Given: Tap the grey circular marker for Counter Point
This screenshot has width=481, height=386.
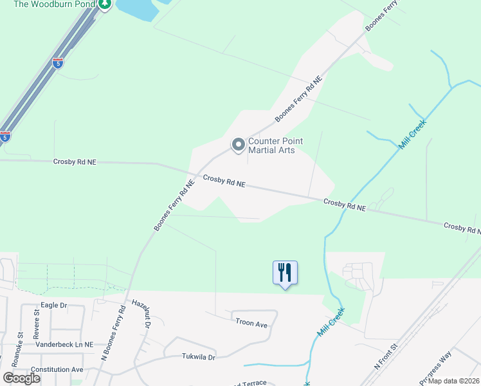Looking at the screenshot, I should pos(239,145).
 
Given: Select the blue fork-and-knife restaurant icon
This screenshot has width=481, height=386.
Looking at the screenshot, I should pos(284,273).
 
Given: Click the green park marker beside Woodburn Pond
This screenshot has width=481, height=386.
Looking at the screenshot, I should pos(105,4).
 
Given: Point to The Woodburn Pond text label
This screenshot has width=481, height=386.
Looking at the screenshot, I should pos(53,4).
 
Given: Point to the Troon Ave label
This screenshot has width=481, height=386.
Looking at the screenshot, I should pos(251,325).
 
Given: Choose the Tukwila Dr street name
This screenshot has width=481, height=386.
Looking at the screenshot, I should pos(197,356).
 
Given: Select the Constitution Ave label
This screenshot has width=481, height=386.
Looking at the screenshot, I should pos(57,369).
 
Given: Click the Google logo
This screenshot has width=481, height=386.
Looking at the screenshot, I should pos(22,378).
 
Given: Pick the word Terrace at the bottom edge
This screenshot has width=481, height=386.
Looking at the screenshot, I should pos(250,383).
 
